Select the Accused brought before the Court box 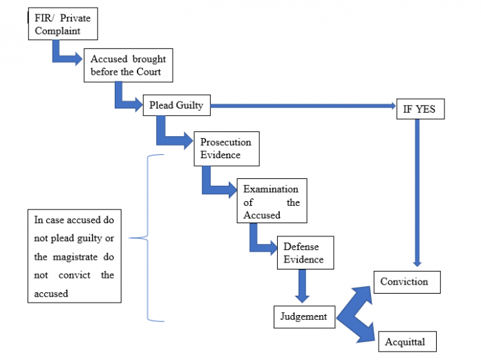pyautogui.click(x=128, y=65)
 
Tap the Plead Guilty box pyautogui.click(x=176, y=106)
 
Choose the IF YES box pyautogui.click(x=419, y=109)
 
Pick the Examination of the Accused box pyautogui.click(x=271, y=202)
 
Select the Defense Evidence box pyautogui.click(x=304, y=254)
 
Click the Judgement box pyautogui.click(x=303, y=317)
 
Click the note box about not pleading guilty pyautogui.click(x=75, y=256)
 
